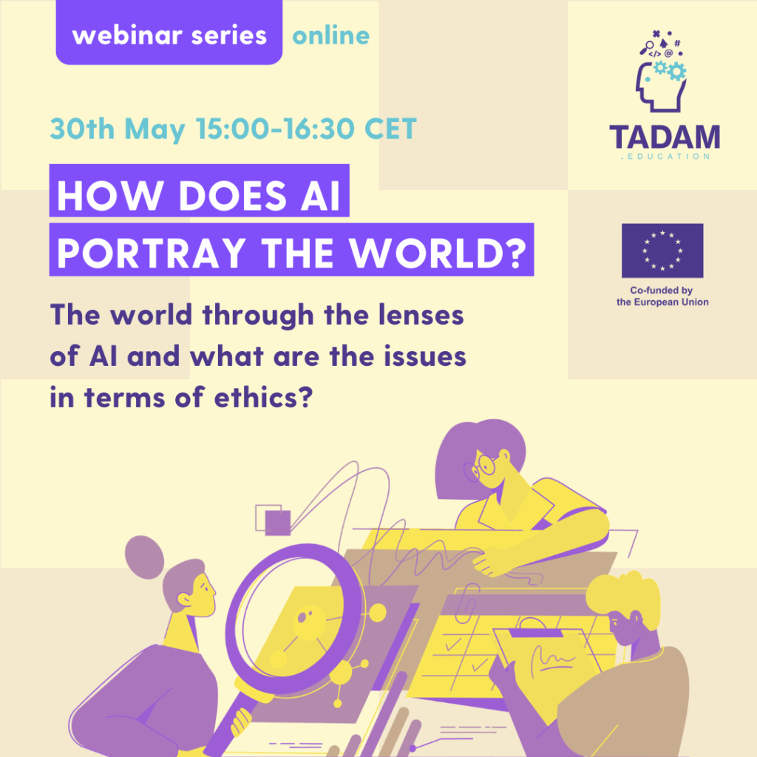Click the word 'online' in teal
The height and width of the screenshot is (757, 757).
point(331,35)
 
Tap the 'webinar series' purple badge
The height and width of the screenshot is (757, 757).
point(169,33)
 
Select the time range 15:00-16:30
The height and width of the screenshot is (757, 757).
point(275,129)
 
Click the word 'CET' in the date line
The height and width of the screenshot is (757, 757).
point(390,129)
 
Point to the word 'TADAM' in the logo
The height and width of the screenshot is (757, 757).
point(665,137)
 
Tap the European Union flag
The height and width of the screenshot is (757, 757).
point(662,251)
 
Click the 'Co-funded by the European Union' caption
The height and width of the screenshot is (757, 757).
point(662,296)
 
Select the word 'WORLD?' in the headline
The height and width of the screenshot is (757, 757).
point(438,252)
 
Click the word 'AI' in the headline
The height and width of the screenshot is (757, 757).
point(321,195)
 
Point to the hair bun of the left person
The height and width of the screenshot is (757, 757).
point(144,557)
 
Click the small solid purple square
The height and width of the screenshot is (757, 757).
point(278,523)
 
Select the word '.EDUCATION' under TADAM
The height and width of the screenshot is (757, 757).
point(665,157)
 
